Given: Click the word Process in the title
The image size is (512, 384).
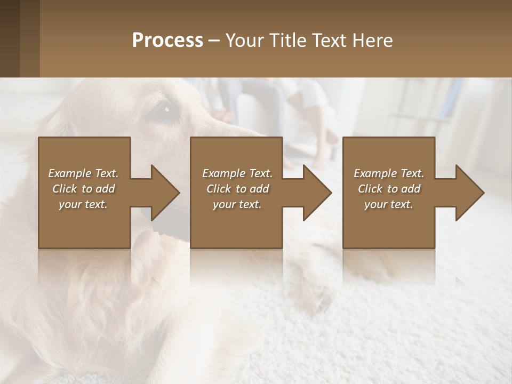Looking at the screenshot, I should click(x=167, y=41).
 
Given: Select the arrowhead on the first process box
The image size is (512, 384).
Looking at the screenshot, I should click(x=163, y=193).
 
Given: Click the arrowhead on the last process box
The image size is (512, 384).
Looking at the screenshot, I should click(x=468, y=193).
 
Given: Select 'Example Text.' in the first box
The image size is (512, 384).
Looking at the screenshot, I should click(x=83, y=173).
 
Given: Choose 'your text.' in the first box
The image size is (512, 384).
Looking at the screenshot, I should click(x=83, y=204).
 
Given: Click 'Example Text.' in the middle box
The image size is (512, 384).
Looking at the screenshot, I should click(x=237, y=173).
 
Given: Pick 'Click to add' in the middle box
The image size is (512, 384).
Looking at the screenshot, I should click(x=237, y=189).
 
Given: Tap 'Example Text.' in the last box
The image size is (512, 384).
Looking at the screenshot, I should click(x=389, y=173).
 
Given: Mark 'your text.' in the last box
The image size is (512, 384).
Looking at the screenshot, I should click(x=389, y=204).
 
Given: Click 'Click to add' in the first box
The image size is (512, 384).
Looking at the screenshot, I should click(x=83, y=189).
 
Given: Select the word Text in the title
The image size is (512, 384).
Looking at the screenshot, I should click(x=330, y=41).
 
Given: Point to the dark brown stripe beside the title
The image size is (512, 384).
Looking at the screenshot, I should click(x=29, y=38).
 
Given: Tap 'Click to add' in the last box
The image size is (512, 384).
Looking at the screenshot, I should click(x=389, y=189).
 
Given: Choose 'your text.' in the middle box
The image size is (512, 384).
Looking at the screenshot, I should click(x=237, y=204).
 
